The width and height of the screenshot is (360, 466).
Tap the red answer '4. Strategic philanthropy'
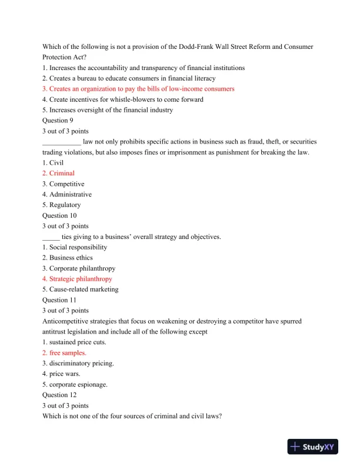click(77, 278)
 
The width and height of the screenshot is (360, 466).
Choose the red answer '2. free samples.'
click(64, 352)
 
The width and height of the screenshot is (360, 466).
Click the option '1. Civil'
click(53, 162)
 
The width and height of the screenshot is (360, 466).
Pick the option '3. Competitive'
click(63, 184)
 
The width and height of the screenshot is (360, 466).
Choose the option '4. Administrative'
click(67, 194)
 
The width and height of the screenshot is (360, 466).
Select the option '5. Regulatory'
click(62, 205)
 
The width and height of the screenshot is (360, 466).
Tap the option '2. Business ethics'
click(68, 257)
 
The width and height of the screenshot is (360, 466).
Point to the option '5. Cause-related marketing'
click(80, 289)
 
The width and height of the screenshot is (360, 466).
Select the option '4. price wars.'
click(62, 374)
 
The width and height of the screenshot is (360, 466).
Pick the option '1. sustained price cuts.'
click(74, 342)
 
